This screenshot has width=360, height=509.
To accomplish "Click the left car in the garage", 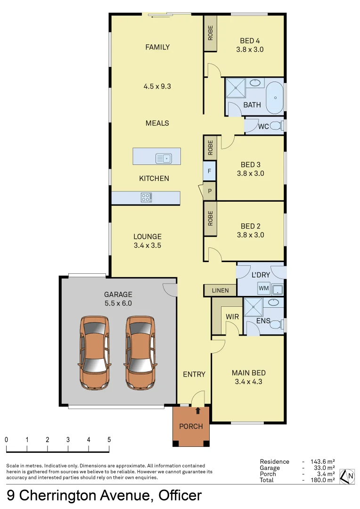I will tap(95, 353).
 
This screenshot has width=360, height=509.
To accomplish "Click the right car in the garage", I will tap(140, 353).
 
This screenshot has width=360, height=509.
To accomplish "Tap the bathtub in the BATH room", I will tap(275, 97).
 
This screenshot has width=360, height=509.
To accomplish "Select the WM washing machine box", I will tap(263, 288).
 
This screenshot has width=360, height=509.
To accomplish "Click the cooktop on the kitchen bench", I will tap(147, 198).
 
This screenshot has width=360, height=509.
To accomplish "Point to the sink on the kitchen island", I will tap(164, 158).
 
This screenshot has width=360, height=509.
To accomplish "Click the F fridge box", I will tap(209, 171).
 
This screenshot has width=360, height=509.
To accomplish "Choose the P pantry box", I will tap(210, 191).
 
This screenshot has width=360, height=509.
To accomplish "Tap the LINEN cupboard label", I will tap(220, 290).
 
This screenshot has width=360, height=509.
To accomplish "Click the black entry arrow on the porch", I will tap(197, 411).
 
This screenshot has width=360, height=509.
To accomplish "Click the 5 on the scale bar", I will tap(109, 439).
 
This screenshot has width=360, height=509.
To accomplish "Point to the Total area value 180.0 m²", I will tap(323, 480).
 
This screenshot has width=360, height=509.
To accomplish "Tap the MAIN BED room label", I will tap(247, 373).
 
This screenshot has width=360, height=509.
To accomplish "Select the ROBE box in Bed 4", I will tap(210, 34).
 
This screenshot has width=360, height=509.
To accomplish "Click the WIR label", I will tap(232, 317).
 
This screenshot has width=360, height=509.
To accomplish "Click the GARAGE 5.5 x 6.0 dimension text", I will tap(118, 304).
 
